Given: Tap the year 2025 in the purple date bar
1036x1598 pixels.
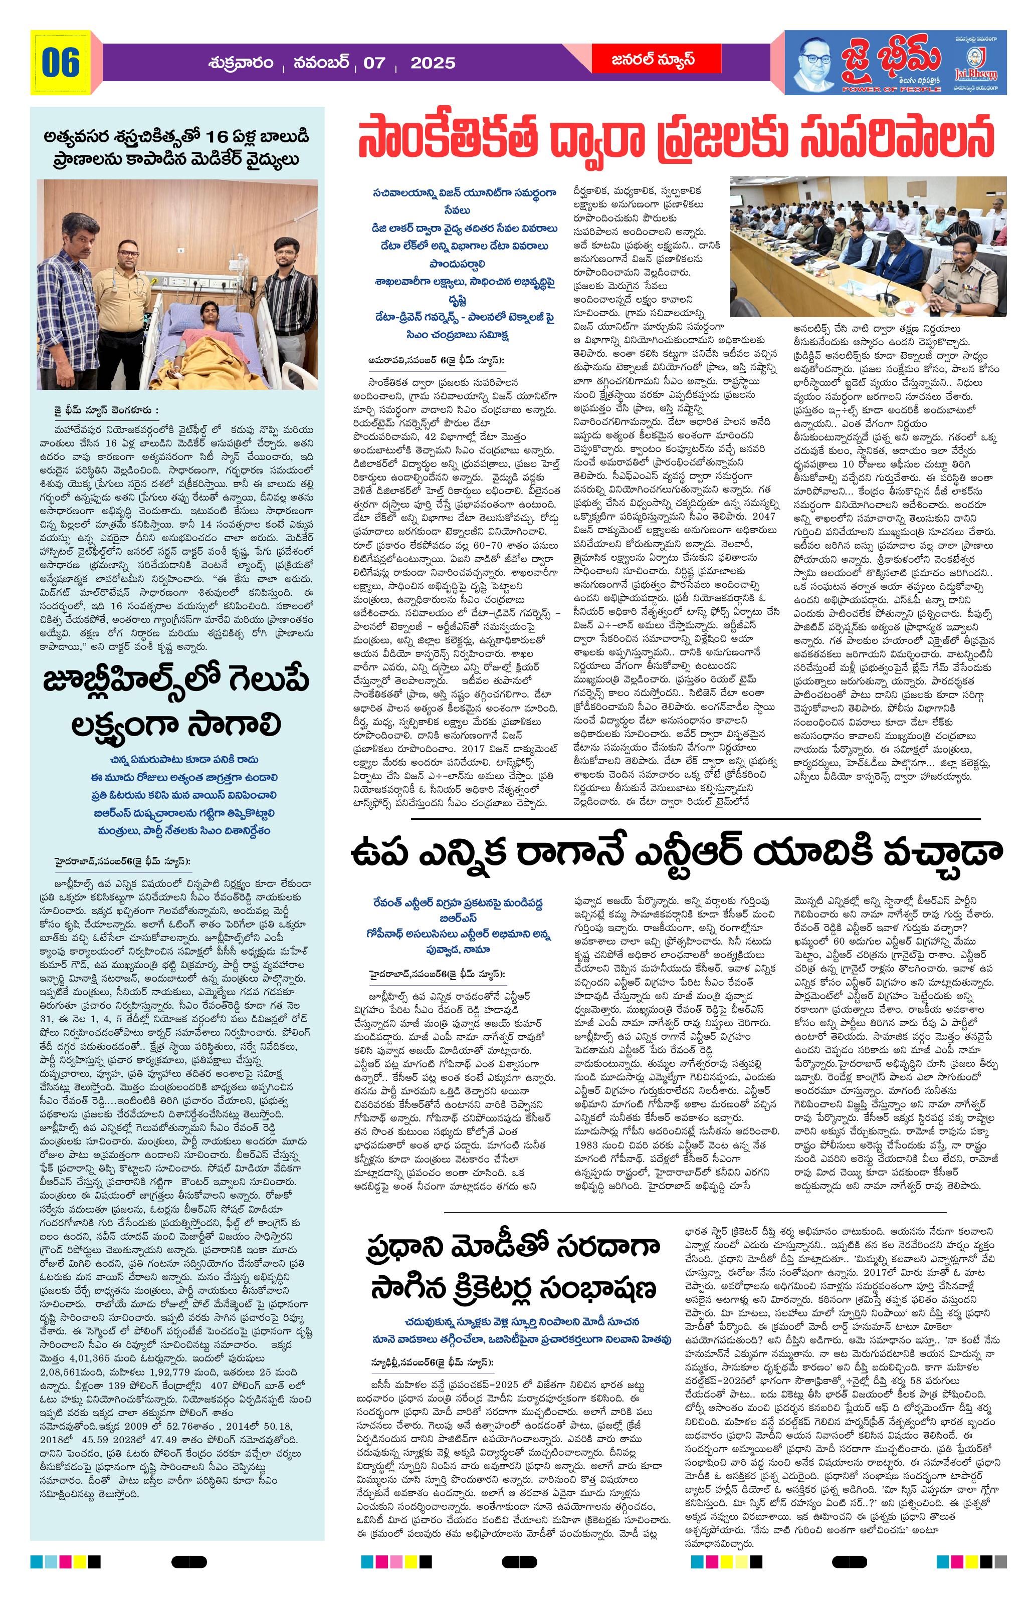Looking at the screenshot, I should pos(433,63).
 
